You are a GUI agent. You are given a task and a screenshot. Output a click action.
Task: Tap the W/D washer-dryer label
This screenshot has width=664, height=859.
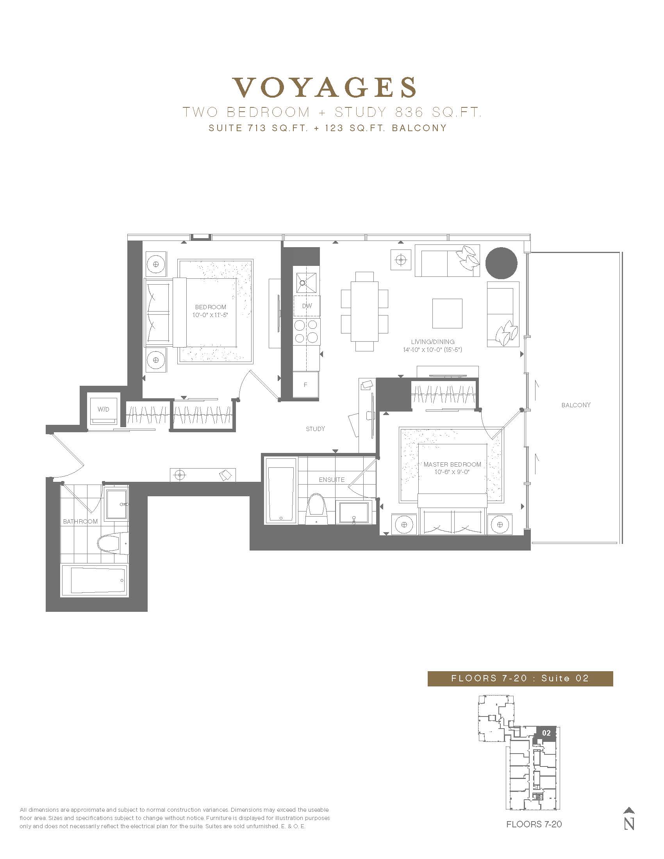pyautogui.click(x=104, y=410)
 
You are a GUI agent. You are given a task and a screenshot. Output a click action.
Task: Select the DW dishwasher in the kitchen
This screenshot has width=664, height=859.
pyautogui.click(x=307, y=306)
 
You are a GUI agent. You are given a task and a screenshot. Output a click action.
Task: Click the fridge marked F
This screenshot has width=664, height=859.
pyautogui.click(x=306, y=384)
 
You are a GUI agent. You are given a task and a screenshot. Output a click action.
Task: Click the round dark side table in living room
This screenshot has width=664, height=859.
pyautogui.click(x=501, y=263)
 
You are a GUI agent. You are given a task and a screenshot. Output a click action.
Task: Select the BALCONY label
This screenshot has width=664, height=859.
pyautogui.click(x=576, y=405)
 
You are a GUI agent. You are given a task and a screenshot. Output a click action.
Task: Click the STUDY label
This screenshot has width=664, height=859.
pyautogui.click(x=316, y=429)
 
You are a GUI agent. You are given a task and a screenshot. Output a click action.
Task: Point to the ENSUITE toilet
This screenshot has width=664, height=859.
pyautogui.click(x=317, y=509)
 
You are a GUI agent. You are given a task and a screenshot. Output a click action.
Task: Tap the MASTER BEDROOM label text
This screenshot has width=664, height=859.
pyautogui.click(x=452, y=464)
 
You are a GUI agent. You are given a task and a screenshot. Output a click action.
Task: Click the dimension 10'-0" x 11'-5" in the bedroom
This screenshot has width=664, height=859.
pyautogui.click(x=211, y=315)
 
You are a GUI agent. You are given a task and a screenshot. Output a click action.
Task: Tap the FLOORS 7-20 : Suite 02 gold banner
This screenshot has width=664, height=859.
pyautogui.click(x=520, y=678)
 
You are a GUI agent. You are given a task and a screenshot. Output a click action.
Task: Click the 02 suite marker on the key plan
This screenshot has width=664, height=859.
pyautogui.click(x=546, y=733)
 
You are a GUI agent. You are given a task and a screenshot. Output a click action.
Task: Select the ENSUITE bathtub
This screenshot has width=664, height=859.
pyautogui.click(x=280, y=490)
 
